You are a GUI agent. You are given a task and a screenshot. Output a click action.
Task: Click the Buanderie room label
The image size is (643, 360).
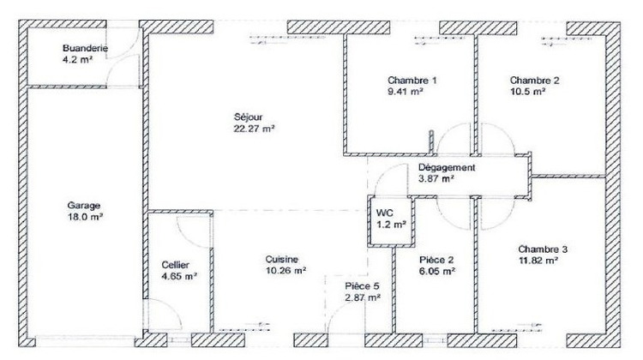click(85, 49)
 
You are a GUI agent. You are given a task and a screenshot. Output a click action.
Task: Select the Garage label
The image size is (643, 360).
click(85, 206)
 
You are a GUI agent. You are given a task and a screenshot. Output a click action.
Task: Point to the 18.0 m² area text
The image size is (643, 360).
click(85, 218)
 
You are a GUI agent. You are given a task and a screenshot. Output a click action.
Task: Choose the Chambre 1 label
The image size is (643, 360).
click(412, 80)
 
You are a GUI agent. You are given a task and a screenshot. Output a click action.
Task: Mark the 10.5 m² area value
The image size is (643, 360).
click(527, 91)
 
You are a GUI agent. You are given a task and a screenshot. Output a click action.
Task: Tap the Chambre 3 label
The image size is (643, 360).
click(543, 249)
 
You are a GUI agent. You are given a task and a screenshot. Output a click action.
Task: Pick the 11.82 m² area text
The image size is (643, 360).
click(538, 260)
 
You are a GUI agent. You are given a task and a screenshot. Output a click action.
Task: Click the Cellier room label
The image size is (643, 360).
click(175, 265)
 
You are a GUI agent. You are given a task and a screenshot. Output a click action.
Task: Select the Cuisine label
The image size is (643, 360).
click(281, 260)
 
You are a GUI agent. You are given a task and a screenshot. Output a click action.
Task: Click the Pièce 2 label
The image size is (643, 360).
click(436, 259)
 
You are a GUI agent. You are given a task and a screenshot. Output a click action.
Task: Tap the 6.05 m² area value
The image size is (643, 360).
click(436, 271)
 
